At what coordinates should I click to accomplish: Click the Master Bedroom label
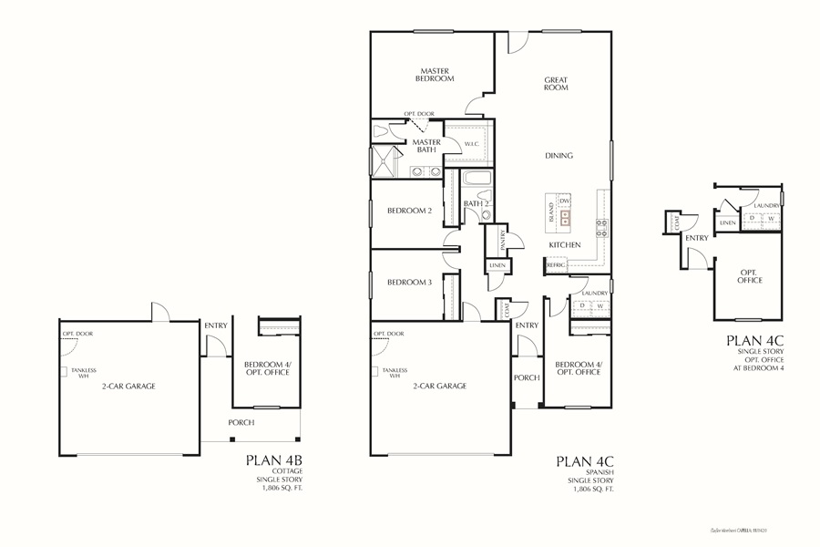436,75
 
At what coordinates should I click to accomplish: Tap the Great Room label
557,83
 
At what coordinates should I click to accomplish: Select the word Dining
559,155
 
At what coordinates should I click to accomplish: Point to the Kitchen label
564,245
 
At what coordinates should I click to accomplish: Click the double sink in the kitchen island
566,217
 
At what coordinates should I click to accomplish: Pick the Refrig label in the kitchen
555,264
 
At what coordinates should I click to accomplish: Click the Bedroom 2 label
409,211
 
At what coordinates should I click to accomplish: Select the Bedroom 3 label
409,283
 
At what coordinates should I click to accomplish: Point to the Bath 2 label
477,203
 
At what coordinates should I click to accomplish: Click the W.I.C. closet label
472,144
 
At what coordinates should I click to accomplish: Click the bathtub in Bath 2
477,178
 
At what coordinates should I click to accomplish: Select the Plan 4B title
274,460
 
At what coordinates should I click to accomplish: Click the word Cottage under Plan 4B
287,471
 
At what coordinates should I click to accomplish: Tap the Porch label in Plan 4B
241,422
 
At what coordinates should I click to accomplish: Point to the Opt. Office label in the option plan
751,276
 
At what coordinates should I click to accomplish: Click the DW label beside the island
565,201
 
